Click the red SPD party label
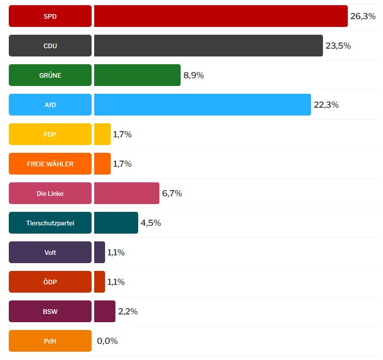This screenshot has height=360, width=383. tap(50, 16)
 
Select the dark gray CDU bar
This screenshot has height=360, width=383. tap(209, 46)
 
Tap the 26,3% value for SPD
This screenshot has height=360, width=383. tap(363, 16)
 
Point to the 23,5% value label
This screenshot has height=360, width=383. tap(338, 46)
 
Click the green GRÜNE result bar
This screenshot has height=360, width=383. tap(137, 75)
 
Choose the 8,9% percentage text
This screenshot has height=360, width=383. tap(194, 75)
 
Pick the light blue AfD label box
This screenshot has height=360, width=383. tap(50, 105)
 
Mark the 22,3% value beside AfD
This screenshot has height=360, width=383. tap(326, 105)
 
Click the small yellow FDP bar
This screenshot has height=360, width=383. tap(102, 134)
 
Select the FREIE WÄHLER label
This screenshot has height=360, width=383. tap(50, 164)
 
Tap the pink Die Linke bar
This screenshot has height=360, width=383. tap(127, 193)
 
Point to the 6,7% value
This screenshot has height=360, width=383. tap(172, 193)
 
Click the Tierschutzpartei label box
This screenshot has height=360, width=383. tap(50, 223)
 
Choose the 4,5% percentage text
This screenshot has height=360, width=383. tap(151, 223)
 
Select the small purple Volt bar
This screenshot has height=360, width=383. tap(100, 252)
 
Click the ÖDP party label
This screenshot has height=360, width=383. tap(50, 282)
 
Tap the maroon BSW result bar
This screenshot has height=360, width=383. tap(105, 311)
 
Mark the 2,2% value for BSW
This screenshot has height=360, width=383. tap(128, 311)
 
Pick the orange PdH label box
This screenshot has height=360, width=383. tap(50, 341)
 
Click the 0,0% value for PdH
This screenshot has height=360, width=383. tap(107, 341)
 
